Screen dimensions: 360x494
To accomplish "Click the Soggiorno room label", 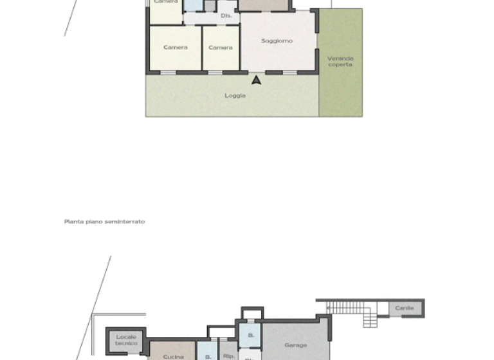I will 277,41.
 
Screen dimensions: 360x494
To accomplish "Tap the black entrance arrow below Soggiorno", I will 256,80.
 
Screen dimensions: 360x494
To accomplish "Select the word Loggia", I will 235,96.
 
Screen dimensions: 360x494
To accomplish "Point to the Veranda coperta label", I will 340,61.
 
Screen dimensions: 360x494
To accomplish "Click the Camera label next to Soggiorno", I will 221,48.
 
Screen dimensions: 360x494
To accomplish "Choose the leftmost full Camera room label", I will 175,48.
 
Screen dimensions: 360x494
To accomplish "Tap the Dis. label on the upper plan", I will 226,15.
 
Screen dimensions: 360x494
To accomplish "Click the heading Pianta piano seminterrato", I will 104,222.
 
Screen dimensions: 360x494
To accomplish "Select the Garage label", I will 295,345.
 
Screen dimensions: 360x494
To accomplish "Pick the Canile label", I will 404,309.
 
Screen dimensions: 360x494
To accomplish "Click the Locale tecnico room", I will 126,340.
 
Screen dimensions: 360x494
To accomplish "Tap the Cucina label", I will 173,356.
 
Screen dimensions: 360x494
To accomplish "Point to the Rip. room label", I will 228,355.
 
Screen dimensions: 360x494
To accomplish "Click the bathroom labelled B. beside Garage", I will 251,335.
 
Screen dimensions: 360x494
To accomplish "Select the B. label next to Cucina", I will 208,356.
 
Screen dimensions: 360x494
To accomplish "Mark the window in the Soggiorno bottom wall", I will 289,73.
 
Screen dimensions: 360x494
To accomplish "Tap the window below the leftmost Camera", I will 168,73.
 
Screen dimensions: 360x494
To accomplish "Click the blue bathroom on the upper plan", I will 193,5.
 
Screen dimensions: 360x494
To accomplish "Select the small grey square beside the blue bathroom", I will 210,6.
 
